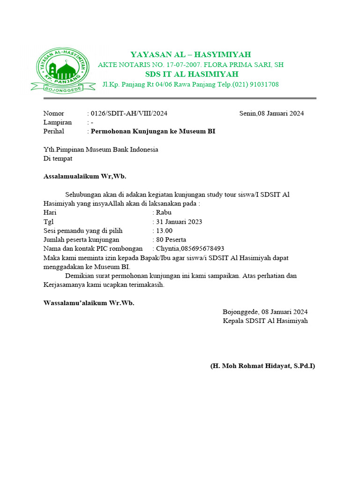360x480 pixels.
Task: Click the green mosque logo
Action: point(61,69)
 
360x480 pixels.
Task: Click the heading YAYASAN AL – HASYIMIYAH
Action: point(190,54)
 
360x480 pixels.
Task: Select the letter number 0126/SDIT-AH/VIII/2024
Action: point(129,113)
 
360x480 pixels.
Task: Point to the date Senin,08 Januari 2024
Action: point(271,113)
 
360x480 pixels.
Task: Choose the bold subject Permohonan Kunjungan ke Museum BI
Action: point(153,131)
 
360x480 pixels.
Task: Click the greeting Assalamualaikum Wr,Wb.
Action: point(85,176)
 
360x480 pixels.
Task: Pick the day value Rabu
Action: point(164,212)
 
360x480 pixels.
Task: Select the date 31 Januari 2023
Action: point(179,222)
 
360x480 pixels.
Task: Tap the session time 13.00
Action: point(164,231)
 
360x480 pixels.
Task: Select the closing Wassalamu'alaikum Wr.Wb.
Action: point(89,303)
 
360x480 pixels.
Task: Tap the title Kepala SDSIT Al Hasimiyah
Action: point(265,321)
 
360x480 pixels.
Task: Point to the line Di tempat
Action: point(58,158)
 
